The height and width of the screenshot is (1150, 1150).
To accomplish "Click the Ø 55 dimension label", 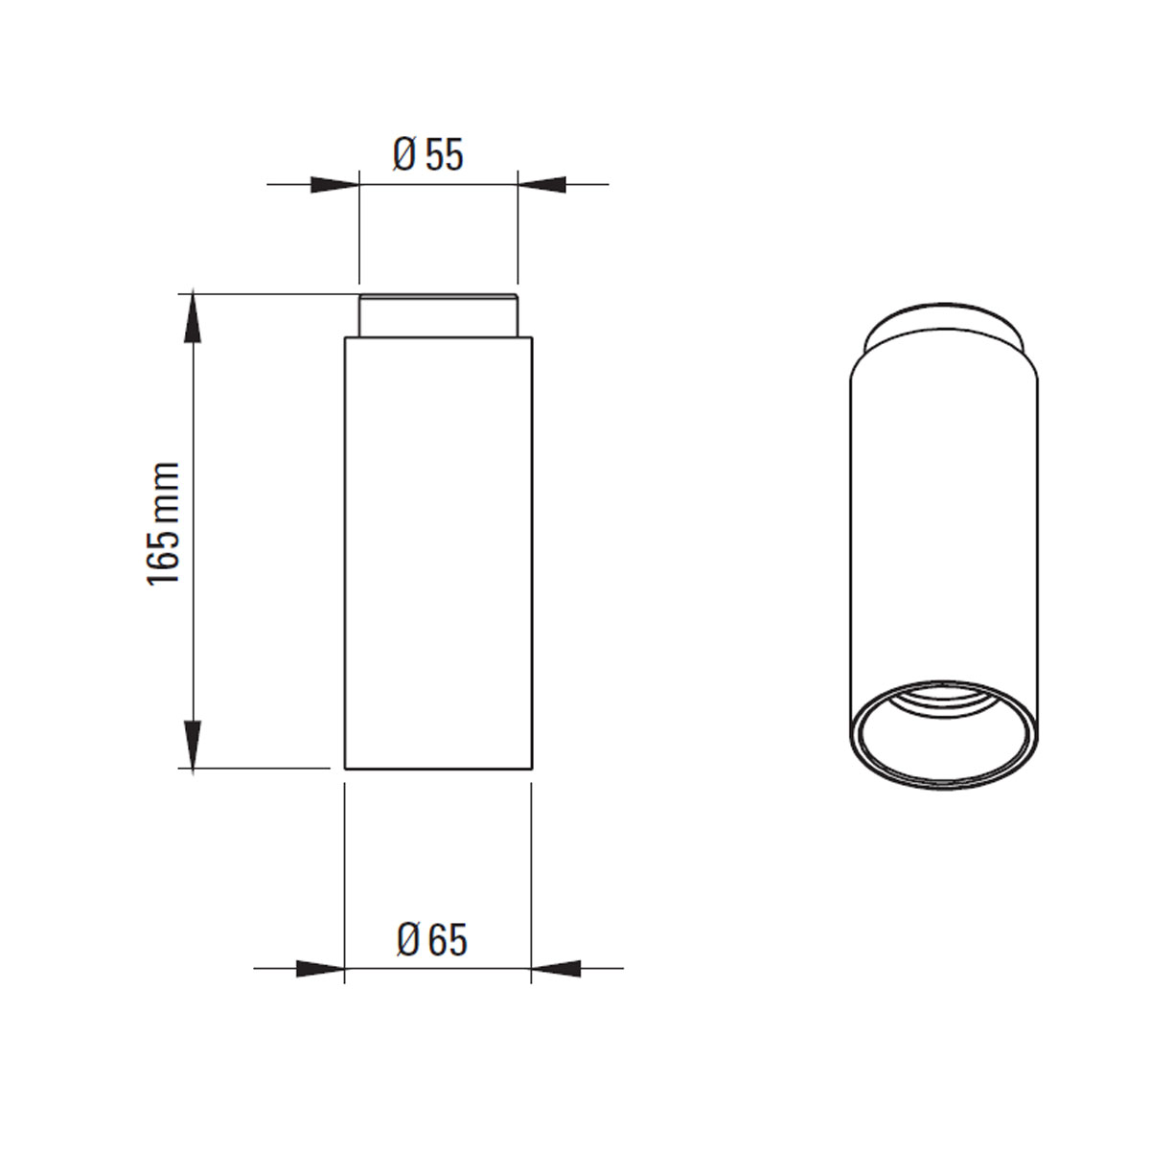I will click(x=428, y=153).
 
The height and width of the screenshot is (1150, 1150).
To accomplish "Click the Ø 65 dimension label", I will click(x=431, y=940).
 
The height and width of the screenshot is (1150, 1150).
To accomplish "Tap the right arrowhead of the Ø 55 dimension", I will click(x=541, y=184).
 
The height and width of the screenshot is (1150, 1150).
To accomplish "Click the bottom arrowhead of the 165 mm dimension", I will click(x=194, y=742).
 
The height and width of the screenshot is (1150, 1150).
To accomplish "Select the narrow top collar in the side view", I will click(x=438, y=315).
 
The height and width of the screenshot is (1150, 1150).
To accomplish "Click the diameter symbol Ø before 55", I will click(x=403, y=154).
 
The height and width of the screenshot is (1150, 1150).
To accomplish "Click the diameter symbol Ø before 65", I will click(x=407, y=940).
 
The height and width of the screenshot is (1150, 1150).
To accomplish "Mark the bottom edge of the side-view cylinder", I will click(x=437, y=769).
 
